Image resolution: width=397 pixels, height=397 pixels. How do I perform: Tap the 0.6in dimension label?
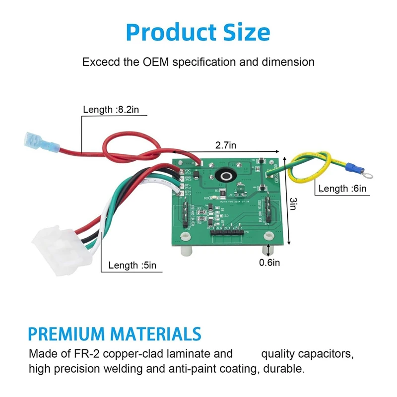click(x=269, y=262)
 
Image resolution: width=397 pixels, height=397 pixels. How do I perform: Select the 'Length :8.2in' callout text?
click(x=108, y=110)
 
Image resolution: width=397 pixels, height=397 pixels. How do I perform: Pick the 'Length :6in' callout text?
click(x=343, y=189)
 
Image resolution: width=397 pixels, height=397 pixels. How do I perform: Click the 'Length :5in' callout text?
click(x=132, y=265)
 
